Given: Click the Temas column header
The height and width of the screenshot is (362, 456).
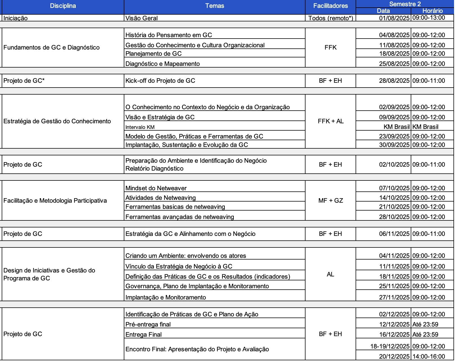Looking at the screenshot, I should tap(214, 6).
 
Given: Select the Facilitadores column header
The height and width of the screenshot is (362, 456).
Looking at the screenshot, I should tap(330, 6).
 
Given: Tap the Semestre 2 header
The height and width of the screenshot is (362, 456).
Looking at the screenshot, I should tap(405, 4).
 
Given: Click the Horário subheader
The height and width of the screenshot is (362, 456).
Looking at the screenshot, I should tap(432, 11).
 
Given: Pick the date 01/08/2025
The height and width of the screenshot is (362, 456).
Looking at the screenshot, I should tap(394, 18).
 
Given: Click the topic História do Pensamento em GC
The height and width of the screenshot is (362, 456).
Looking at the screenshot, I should tap(169, 35).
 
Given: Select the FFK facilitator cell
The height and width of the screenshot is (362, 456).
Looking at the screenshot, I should tap(330, 48).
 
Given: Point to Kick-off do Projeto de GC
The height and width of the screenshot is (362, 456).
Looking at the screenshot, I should tap(160, 81).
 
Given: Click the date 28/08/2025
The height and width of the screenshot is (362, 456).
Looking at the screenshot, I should tap(394, 81).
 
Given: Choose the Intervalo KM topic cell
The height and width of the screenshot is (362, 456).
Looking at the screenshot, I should tap(140, 127).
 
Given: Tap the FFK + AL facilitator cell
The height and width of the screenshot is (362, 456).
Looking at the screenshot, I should tap(331, 121).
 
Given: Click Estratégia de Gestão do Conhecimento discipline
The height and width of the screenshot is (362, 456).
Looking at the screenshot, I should tap(57, 121).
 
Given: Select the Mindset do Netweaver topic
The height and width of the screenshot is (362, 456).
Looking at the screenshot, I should tap(156, 188).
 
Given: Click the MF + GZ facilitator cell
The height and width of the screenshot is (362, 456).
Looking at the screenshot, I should tap(331, 201).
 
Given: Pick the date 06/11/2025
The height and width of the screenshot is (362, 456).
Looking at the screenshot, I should tap(394, 234).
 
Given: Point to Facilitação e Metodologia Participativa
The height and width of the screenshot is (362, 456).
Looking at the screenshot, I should tap(55, 201).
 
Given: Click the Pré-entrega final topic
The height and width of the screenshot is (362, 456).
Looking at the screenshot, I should tap(148, 325).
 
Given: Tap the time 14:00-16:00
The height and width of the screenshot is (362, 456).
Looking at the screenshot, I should tap(428, 357).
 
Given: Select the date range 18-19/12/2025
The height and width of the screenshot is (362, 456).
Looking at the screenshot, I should tap(390, 347).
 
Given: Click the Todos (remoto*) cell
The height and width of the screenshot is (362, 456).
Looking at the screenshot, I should tap(331, 18).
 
